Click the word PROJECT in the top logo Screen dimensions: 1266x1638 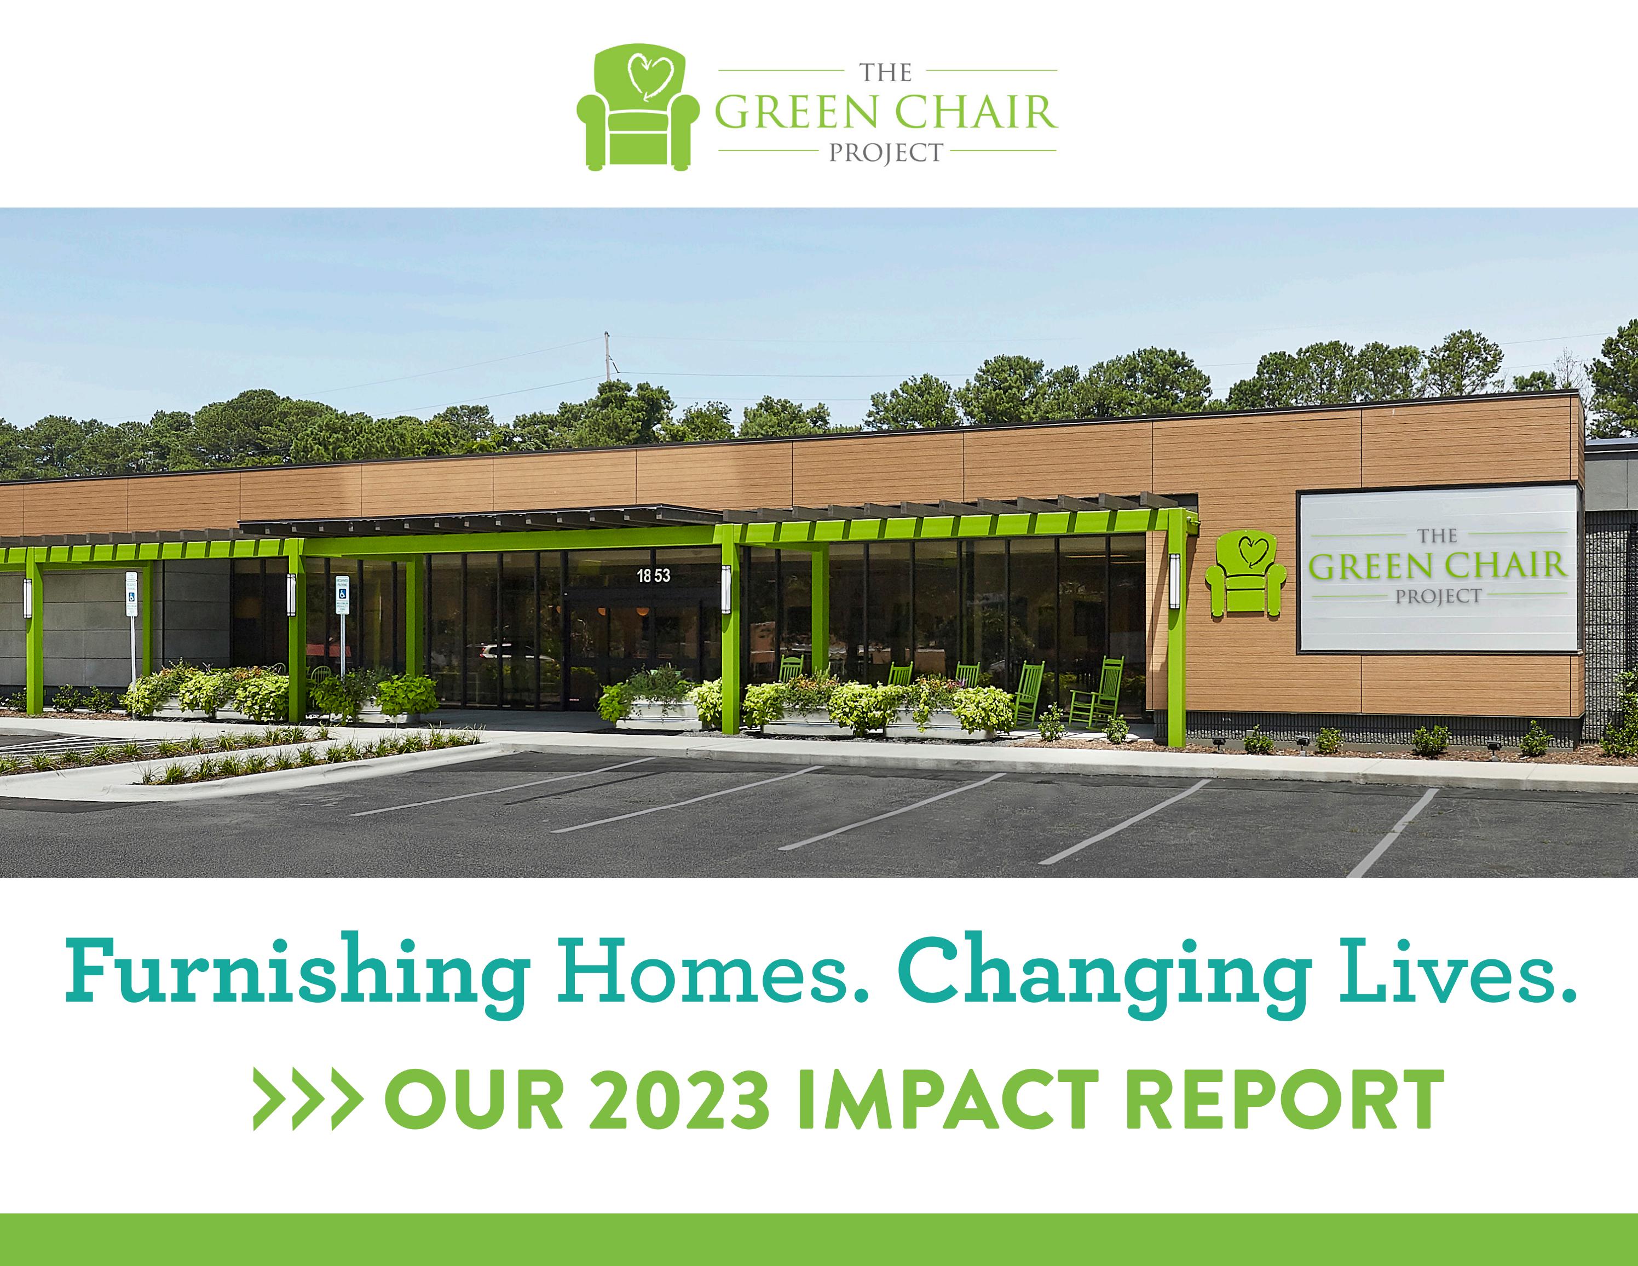886,153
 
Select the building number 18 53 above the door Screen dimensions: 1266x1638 653,576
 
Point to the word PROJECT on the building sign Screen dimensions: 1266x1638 1439,596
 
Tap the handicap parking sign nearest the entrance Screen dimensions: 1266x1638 342,596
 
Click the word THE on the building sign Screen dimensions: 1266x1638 1438,536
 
